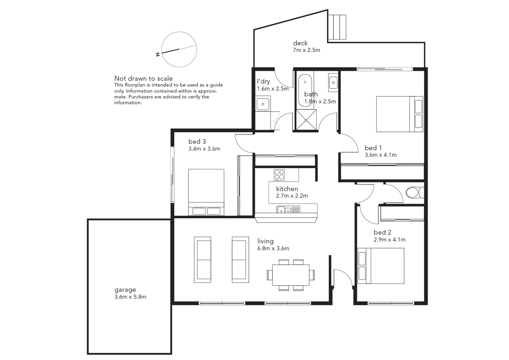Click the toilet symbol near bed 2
click(x=414, y=193)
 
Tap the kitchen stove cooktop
click(x=279, y=175)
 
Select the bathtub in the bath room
click(x=305, y=86)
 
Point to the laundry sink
click(x=263, y=104)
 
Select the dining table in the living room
click(x=290, y=275)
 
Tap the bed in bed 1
click(x=399, y=114)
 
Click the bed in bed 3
click(x=206, y=192)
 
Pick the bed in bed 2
click(x=381, y=266)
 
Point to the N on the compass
click(x=158, y=55)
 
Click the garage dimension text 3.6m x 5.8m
click(x=130, y=297)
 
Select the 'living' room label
click(x=265, y=241)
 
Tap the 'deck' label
click(x=300, y=43)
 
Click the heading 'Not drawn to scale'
click(x=143, y=78)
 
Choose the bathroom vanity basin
click(x=333, y=82)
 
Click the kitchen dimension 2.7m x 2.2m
click(x=292, y=196)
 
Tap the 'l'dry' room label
click(x=263, y=81)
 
